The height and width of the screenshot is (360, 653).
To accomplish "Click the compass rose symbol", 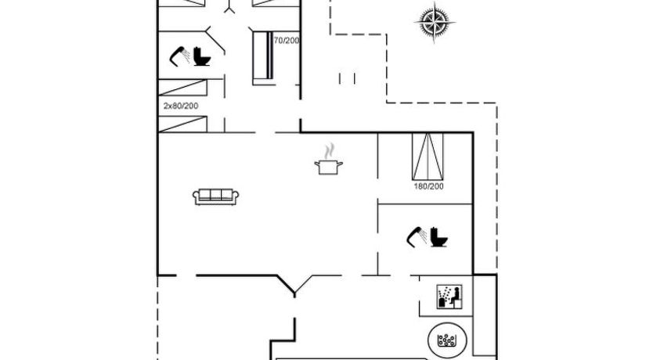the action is coord(435,22).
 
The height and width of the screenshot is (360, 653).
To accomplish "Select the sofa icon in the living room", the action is coord(216,197).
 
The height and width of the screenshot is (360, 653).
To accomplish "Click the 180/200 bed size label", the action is coord(428,186).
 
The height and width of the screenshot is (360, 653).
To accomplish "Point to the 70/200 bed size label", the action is coord(287,41).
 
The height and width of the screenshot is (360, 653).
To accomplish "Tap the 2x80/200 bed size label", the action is coord(181,106).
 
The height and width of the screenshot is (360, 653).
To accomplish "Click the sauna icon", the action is coord(449,297).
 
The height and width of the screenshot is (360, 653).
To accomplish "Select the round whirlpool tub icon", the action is coord(447,340).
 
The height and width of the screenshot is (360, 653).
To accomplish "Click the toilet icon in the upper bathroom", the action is coord(202,56).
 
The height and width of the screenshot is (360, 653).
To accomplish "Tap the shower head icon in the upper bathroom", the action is coord(179,56).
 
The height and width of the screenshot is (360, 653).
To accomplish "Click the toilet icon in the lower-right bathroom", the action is coord(439,237).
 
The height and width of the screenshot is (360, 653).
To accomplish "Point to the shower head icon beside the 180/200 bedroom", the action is coord(417,237).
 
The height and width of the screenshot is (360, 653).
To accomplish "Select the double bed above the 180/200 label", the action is coord(428,157).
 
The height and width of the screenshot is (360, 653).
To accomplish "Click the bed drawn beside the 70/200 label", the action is coord(263,58).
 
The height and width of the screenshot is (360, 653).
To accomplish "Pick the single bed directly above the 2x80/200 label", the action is coord(182,88).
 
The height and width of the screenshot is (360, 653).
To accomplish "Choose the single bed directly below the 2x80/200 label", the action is coord(182,124).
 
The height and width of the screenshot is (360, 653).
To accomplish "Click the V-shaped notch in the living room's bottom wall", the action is coord(294,286).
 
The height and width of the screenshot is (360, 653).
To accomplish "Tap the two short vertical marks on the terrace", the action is coord(347,79).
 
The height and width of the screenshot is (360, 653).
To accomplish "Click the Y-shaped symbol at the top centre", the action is coord(229,7).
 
